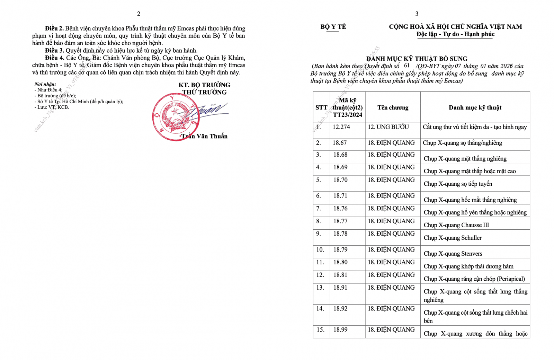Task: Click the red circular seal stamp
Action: click(176, 117)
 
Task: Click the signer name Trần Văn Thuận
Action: click(204, 136)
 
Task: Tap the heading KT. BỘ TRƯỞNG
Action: click(204, 85)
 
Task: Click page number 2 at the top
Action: click(138, 14)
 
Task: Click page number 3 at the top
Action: click(417, 14)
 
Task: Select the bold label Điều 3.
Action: click(54, 51)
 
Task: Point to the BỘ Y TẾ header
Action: click(333, 27)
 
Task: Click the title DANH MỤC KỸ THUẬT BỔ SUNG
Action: click(417, 59)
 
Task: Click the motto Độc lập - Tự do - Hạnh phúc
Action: click(455, 34)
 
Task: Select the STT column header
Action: click(321, 108)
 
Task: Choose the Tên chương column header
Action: click(393, 108)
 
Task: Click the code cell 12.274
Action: click(341, 127)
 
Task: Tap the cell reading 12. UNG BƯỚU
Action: click(388, 127)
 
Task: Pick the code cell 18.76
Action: click(340, 209)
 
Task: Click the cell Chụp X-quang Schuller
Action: click(453, 238)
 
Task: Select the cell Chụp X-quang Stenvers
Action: click(453, 254)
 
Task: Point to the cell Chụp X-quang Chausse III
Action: click(456, 225)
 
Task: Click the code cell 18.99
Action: click(340, 330)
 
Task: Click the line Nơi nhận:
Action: click(45, 84)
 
